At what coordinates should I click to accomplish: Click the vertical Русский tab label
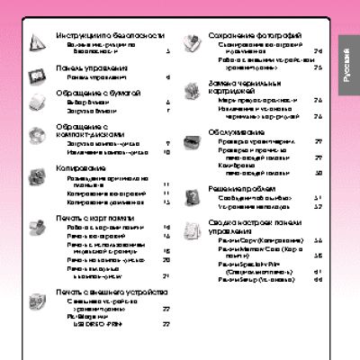pos(345,67)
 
